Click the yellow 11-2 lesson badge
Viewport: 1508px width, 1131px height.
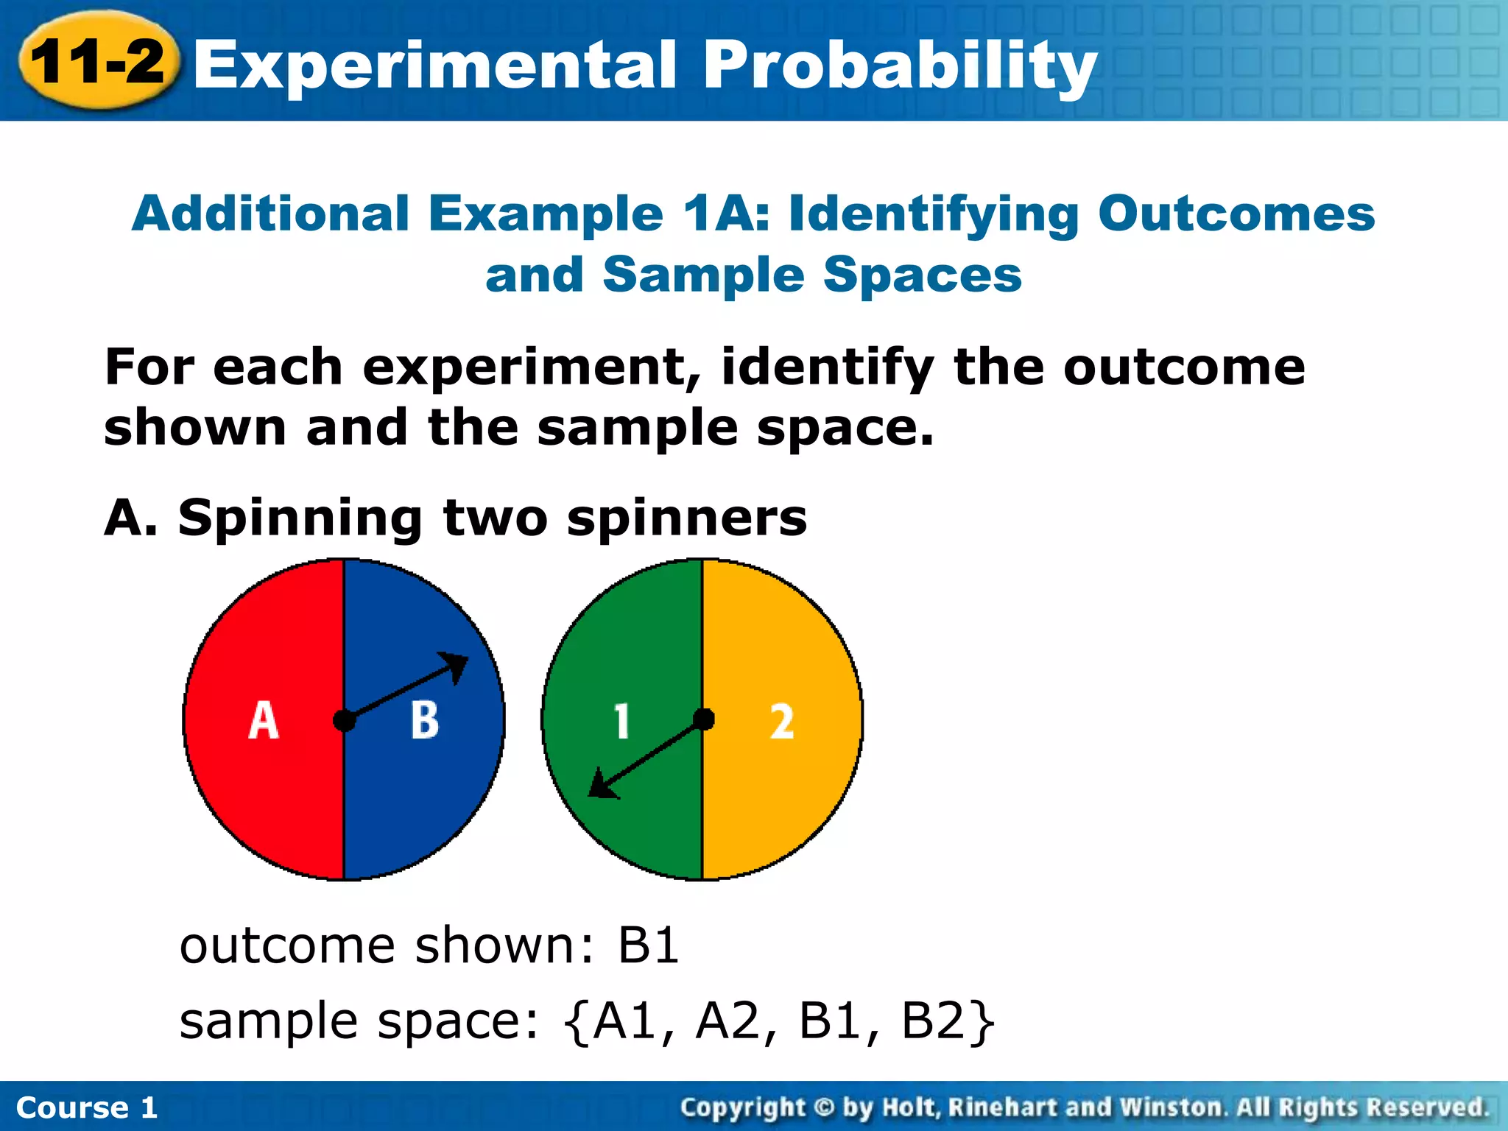(x=98, y=61)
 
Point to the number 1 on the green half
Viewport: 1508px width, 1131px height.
(x=622, y=721)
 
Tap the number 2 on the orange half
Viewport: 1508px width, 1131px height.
(x=782, y=721)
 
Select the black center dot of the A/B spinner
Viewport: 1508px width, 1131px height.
(x=344, y=720)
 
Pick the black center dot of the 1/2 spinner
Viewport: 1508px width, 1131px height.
(x=703, y=719)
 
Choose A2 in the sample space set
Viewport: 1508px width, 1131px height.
(x=727, y=1021)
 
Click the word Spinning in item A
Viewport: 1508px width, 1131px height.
(x=299, y=519)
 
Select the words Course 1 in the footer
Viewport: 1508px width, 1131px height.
(x=87, y=1107)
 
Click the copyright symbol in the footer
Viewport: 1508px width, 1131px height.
(x=825, y=1107)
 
